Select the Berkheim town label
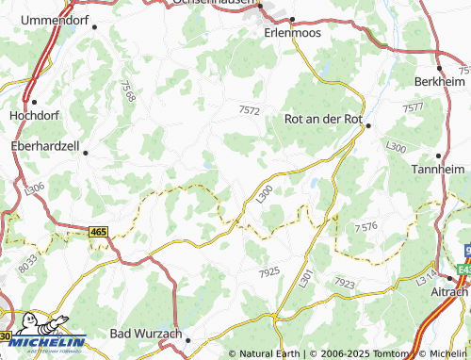coord(440,81)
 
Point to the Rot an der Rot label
coord(322,119)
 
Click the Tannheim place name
coord(439,169)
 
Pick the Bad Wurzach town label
coord(146,334)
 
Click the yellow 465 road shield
coord(99,231)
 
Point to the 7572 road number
coord(249,110)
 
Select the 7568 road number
coord(128,90)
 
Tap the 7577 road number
coord(412,109)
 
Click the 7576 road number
coord(365,227)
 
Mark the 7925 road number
coord(268,271)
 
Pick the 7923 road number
coord(343,282)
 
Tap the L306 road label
coord(34,188)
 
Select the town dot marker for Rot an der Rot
coord(368,125)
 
